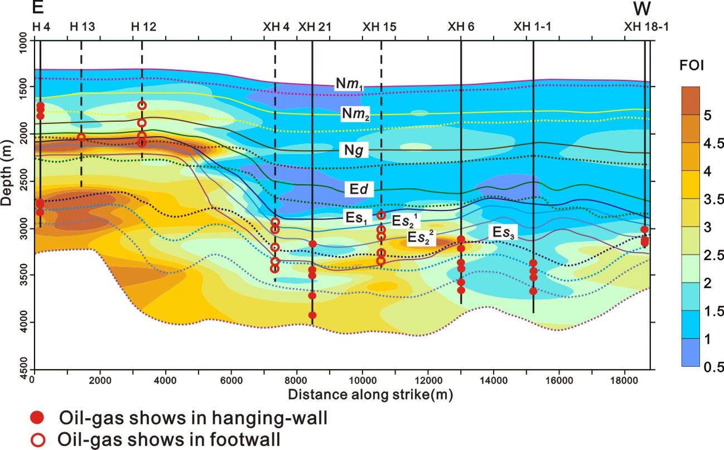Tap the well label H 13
(x=81, y=26)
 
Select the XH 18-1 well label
(x=646, y=26)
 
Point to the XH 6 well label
(x=461, y=26)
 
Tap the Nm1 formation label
(x=349, y=84)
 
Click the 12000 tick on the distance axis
(x=428, y=380)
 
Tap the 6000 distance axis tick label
(x=231, y=380)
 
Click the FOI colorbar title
(x=691, y=66)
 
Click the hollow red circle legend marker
(x=37, y=438)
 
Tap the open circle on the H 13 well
(x=81, y=137)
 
